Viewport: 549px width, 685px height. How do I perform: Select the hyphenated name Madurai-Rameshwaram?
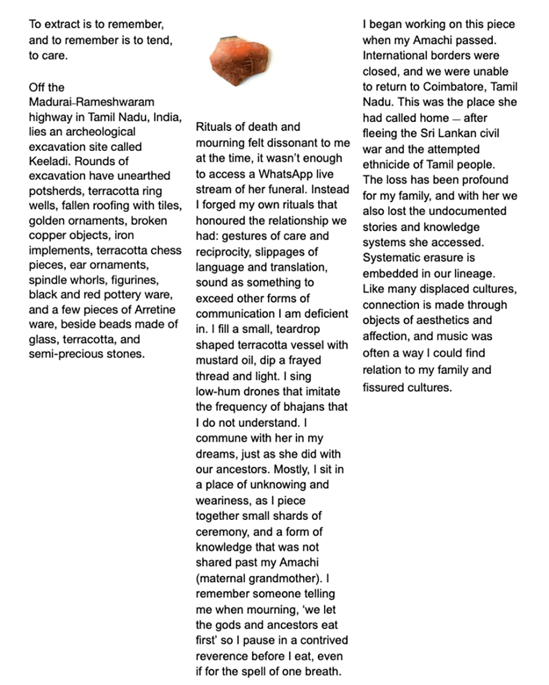pos(92,102)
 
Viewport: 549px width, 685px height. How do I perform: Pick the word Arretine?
pos(156,310)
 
